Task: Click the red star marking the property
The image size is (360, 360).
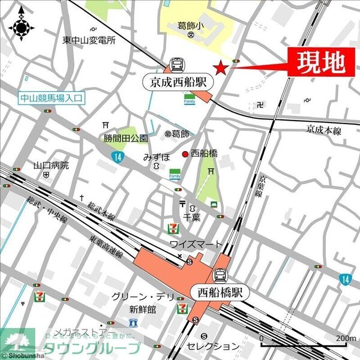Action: [221, 68]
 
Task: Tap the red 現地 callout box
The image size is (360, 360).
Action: [318, 62]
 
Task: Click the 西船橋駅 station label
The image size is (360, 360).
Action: [221, 292]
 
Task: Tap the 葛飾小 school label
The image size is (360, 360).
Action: [191, 25]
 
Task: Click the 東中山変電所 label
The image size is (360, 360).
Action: [89, 40]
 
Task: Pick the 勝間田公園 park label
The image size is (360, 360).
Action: [125, 139]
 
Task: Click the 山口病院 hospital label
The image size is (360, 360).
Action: [51, 165]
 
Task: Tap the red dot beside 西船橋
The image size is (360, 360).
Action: [185, 153]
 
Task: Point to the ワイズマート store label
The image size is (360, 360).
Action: [196, 244]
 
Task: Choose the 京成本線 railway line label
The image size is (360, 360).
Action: [323, 128]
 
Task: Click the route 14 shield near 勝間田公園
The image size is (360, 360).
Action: [115, 157]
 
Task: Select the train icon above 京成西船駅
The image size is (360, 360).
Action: [177, 64]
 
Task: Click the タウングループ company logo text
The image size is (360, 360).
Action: [89, 349]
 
